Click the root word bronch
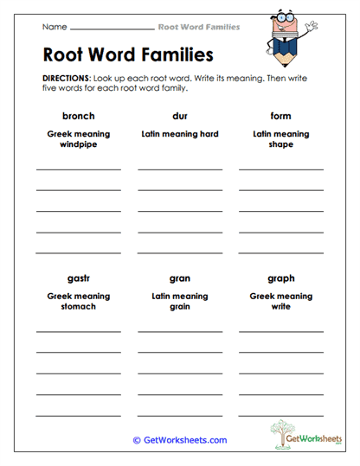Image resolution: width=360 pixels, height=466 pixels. [x=78, y=116]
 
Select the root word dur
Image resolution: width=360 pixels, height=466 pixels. [x=180, y=116]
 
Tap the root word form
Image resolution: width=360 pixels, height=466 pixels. [x=280, y=116]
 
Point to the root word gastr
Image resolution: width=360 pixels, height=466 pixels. [x=78, y=278]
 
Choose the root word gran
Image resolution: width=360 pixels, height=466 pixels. [x=180, y=278]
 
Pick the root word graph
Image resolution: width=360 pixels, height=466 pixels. [x=280, y=278]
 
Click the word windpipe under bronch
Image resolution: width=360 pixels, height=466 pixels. [x=78, y=144]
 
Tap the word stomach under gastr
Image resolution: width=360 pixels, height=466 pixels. [x=78, y=307]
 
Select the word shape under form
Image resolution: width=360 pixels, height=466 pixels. [x=280, y=144]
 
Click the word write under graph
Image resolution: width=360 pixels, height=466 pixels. [x=280, y=307]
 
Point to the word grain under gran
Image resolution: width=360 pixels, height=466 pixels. [x=180, y=307]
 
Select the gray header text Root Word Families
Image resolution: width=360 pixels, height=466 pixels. [x=199, y=27]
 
